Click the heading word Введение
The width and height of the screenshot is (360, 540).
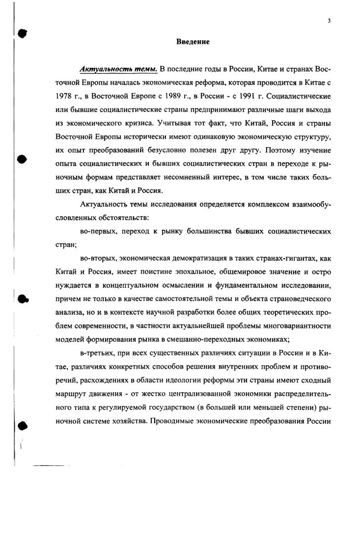pos(193,42)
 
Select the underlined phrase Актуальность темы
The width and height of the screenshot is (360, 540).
pos(111,68)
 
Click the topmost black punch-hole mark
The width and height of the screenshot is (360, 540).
pos(21,33)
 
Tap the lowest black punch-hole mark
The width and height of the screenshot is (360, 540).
pos(21,426)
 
